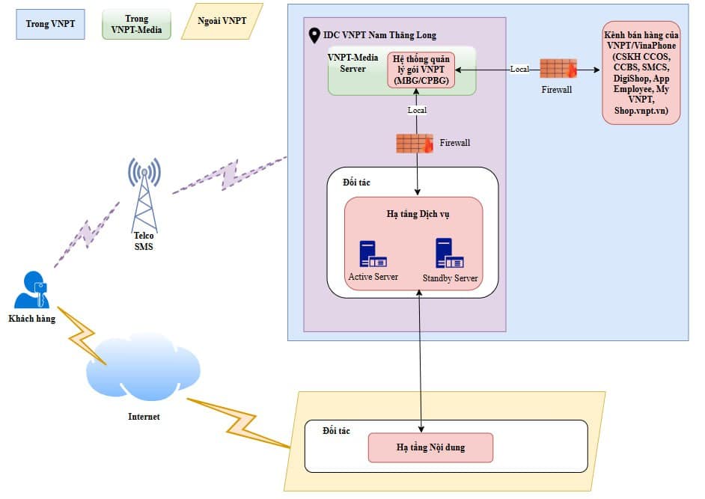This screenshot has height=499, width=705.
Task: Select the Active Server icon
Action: (x=373, y=254)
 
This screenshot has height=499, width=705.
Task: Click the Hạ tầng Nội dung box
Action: (x=430, y=447)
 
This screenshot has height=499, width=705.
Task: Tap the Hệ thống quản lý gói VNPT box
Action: (x=421, y=70)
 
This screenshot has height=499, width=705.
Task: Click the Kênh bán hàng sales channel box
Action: (x=641, y=73)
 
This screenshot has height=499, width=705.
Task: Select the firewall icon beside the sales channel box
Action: (x=558, y=69)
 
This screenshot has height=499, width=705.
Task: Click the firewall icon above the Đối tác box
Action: (x=415, y=143)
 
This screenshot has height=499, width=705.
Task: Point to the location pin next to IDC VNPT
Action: (x=314, y=35)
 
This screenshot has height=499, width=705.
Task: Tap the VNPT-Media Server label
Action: (x=353, y=63)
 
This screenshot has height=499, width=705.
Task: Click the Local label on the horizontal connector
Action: (x=519, y=70)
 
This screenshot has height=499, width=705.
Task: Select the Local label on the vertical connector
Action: (x=417, y=111)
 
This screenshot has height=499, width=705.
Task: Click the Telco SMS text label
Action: (x=144, y=241)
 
